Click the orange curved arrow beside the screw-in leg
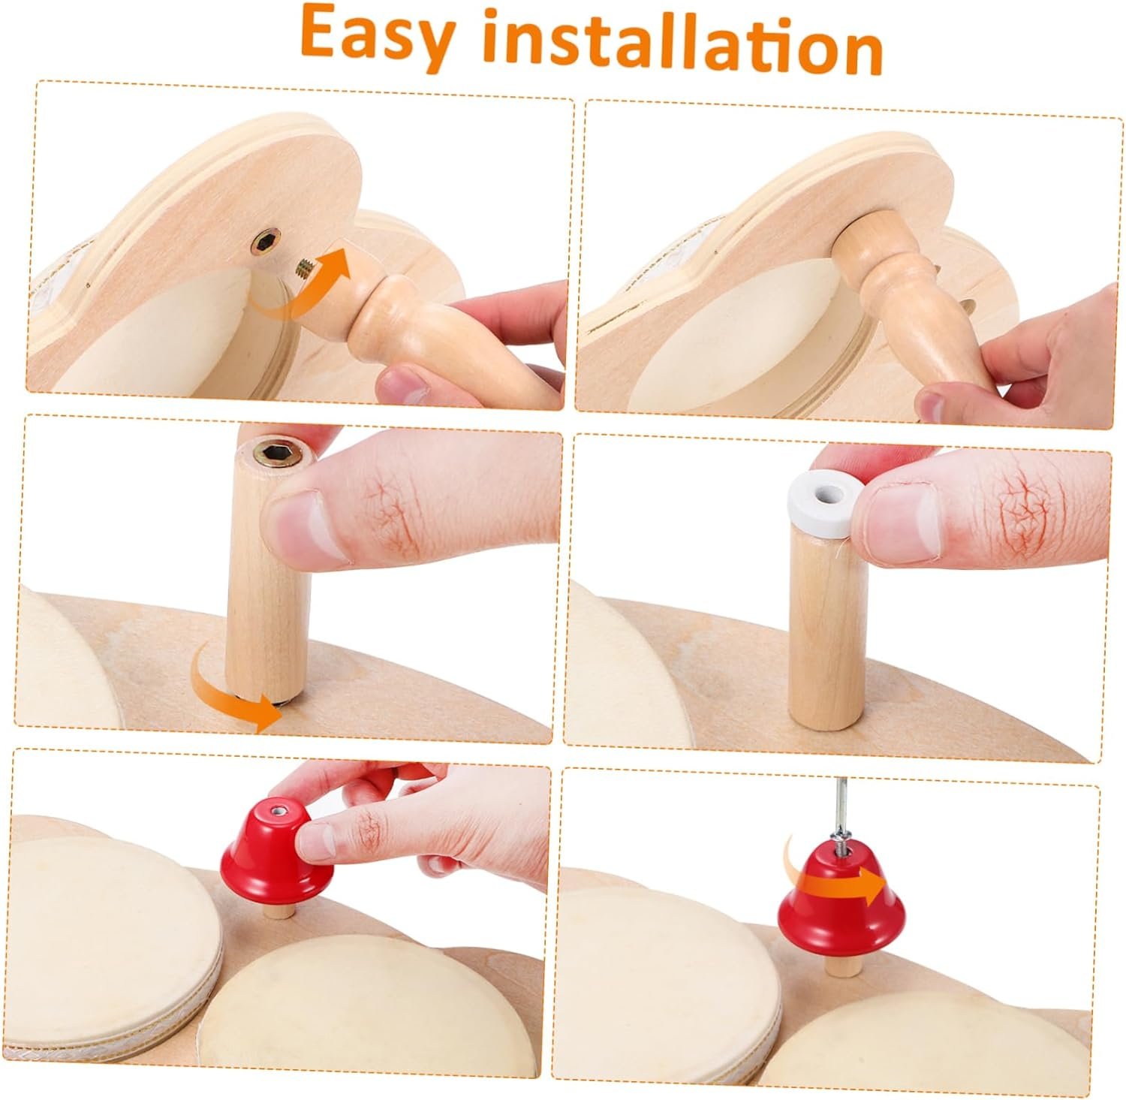[300, 289]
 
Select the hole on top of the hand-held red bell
[280, 810]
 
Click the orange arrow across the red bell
[837, 885]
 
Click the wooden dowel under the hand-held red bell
[280, 911]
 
